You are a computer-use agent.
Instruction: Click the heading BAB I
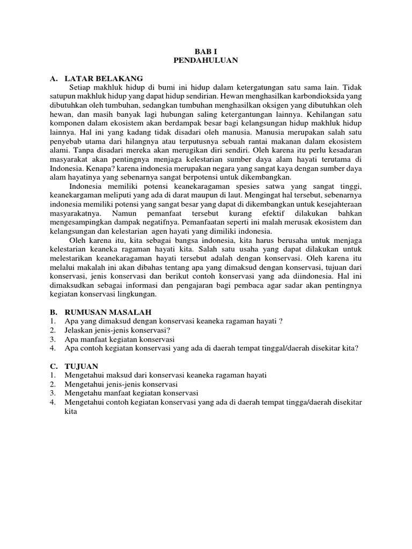[x=205, y=51]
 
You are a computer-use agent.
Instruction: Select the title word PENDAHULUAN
[x=205, y=61]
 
